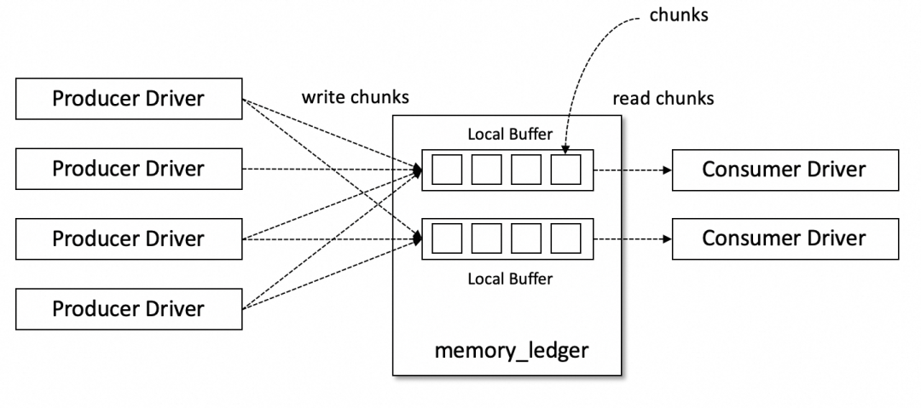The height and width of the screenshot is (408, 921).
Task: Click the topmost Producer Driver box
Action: [x=128, y=99]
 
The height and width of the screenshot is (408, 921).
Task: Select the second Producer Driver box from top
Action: [x=128, y=169]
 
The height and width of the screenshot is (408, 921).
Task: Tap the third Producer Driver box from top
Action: [x=128, y=238]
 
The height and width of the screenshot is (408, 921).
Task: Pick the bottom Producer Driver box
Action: [x=128, y=308]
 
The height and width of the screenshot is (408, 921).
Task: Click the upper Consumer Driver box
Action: [x=785, y=169]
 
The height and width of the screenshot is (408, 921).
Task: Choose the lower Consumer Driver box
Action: [x=785, y=238]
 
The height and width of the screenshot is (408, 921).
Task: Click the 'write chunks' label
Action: [x=355, y=97]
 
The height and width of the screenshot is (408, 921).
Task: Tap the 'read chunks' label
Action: [x=663, y=99]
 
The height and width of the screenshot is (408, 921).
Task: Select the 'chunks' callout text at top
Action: [x=679, y=16]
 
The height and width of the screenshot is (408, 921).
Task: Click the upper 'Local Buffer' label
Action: [x=510, y=134]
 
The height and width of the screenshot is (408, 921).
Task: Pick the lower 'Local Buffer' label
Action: [x=510, y=279]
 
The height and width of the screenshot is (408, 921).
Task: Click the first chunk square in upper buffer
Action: [x=447, y=170]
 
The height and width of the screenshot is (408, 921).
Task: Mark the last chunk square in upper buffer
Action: [x=565, y=170]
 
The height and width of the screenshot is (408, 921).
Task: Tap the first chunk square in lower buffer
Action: [x=447, y=238]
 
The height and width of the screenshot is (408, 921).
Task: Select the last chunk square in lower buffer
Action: [x=565, y=238]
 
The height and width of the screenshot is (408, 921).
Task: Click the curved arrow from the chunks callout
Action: [x=585, y=68]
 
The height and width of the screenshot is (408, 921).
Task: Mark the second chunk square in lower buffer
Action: [x=486, y=238]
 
